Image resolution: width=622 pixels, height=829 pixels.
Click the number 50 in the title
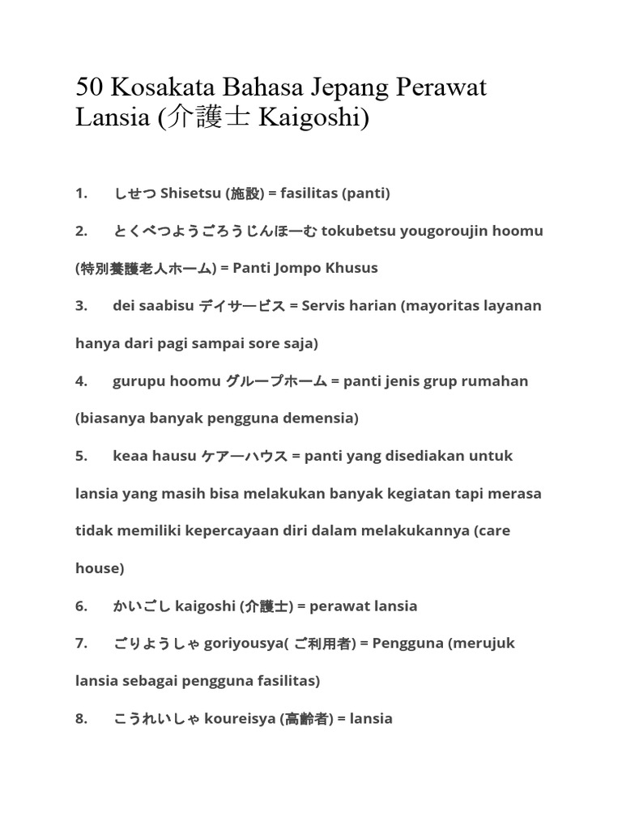pyautogui.click(x=91, y=87)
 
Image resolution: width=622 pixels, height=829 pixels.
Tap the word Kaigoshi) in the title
pyautogui.click(x=313, y=118)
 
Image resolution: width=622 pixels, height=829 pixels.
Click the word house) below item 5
pyautogui.click(x=100, y=568)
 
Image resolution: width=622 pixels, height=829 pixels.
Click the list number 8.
pyautogui.click(x=81, y=718)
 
